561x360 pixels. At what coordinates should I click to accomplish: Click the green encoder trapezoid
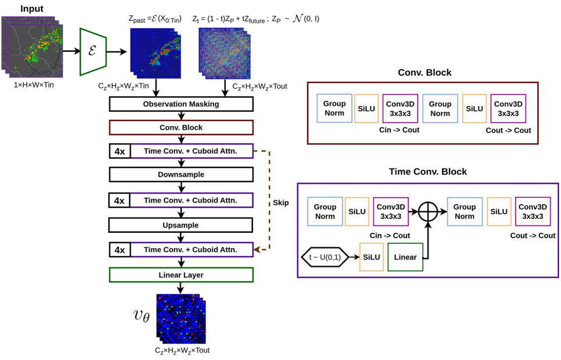click(x=93, y=51)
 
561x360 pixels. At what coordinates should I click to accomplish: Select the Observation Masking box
click(x=181, y=104)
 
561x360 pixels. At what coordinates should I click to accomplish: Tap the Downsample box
click(x=181, y=175)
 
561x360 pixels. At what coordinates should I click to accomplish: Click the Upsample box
click(x=181, y=225)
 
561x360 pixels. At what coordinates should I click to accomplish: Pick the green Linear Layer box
click(x=181, y=275)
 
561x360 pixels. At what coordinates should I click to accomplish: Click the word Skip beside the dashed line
click(x=280, y=203)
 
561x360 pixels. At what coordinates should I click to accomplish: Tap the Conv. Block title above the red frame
click(x=424, y=73)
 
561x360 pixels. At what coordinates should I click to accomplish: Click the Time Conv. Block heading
click(x=427, y=172)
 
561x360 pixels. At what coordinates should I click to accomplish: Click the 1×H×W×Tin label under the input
click(x=34, y=85)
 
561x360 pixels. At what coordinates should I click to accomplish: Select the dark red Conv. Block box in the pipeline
click(x=181, y=128)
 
